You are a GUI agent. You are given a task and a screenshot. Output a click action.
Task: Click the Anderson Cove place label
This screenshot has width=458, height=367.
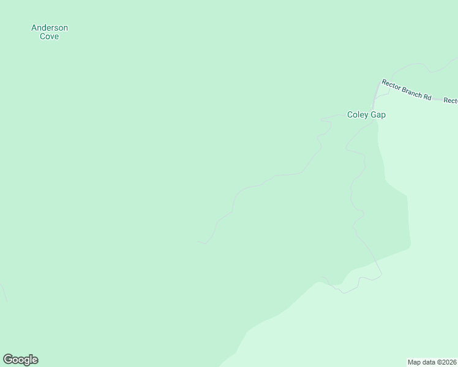tap(50, 32)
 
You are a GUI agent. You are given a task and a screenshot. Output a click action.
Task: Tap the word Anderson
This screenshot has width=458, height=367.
tap(50, 28)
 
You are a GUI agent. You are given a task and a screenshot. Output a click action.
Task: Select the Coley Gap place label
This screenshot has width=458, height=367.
tap(366, 114)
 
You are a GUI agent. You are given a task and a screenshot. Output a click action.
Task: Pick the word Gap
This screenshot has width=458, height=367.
tap(378, 114)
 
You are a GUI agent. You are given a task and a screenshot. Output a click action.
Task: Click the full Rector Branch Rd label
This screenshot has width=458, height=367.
tap(407, 90)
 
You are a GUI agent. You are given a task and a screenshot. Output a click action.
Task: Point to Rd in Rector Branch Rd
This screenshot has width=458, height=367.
tap(427, 97)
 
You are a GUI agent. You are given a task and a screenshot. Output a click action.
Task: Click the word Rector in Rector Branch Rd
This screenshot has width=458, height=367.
tap(391, 84)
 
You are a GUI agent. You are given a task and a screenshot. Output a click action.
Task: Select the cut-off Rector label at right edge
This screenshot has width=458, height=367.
tap(451, 100)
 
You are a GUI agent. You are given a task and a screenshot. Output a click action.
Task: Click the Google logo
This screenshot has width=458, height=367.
tap(20, 360)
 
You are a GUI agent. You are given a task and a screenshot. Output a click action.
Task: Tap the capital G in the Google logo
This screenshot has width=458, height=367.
tap(8, 359)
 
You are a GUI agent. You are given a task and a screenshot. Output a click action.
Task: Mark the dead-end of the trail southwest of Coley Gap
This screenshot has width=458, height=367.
tap(198, 242)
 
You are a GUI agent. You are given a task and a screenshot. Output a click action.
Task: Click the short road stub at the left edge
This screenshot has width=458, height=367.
tap(3, 292)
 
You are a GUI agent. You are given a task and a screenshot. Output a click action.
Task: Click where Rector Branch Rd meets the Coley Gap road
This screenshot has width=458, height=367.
tap(377, 84)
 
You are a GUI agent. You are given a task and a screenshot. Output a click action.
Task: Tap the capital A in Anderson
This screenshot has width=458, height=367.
tap(34, 28)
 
